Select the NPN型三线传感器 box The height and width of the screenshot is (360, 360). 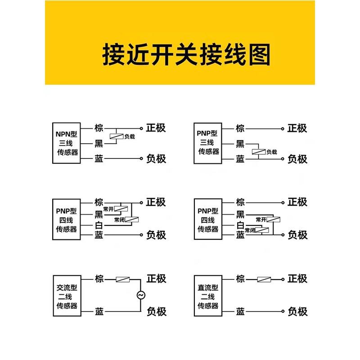[67, 143]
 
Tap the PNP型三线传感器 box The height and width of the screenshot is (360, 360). [208, 143]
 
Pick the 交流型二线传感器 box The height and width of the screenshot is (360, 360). [67, 297]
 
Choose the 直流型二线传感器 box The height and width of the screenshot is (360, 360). [208, 297]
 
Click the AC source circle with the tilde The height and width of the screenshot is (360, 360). [140, 295]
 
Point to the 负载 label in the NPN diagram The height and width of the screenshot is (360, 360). [130, 136]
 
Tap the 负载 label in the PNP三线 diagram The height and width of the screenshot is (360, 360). [271, 152]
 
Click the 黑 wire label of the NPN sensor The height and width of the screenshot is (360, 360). [99, 144]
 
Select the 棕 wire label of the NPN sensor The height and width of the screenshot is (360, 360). [99, 128]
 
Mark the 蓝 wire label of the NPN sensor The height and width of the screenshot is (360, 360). [99, 158]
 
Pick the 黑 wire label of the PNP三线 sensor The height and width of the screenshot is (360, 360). [240, 144]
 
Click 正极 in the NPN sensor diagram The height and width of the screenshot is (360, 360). [156, 128]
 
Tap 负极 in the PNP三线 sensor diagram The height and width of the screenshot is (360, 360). [297, 158]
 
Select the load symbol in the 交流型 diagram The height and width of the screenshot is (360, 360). [122, 279]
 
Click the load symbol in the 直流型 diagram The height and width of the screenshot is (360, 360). [264, 279]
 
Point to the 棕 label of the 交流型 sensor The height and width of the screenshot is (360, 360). [99, 279]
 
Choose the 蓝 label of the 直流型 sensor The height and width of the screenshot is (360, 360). [240, 311]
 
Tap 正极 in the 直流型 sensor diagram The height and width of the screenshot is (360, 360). [297, 279]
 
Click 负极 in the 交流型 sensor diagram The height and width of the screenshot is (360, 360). [156, 311]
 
